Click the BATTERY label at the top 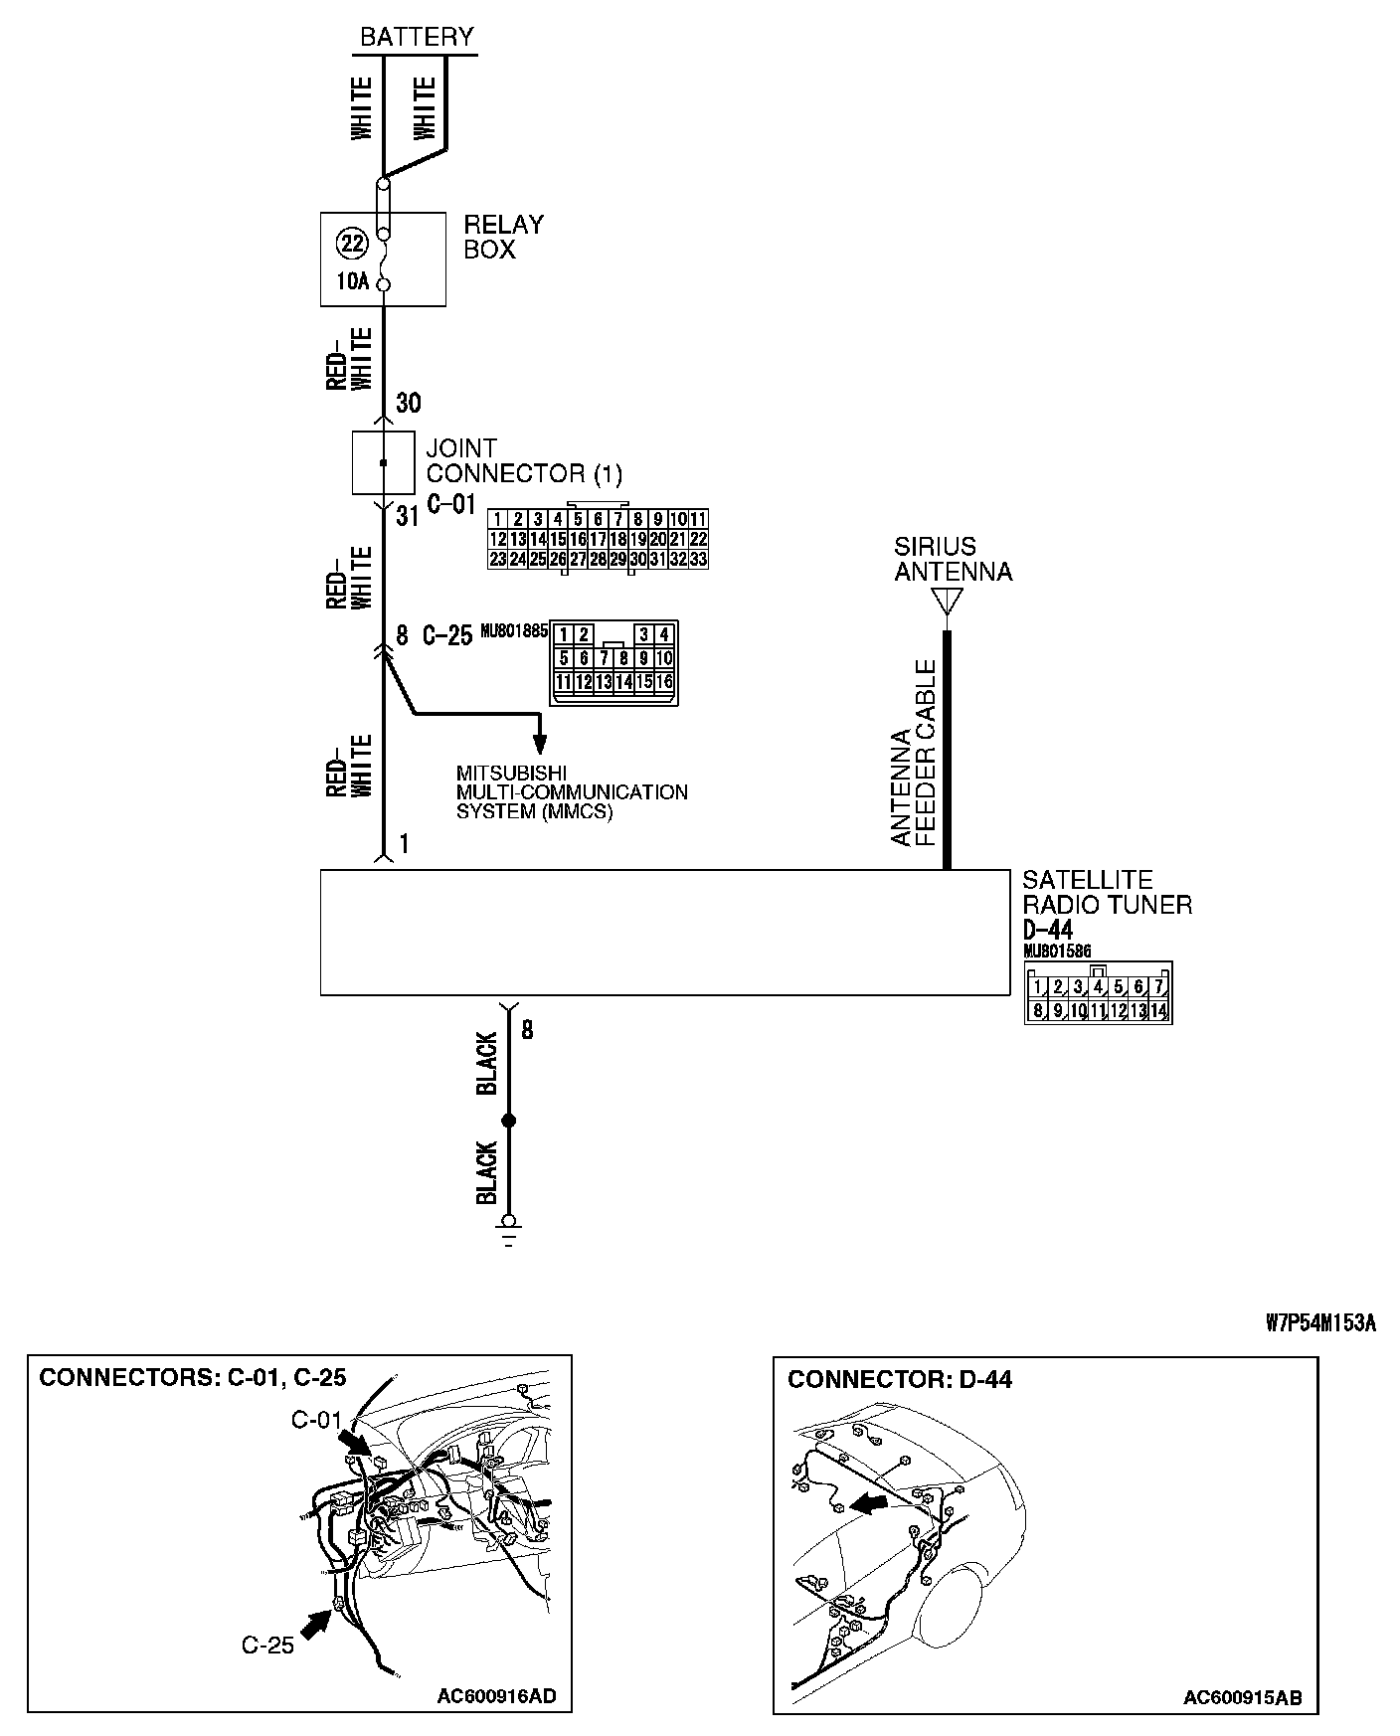click(x=417, y=37)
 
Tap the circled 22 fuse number click(x=351, y=243)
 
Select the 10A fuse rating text click(x=351, y=281)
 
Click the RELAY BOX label click(x=504, y=237)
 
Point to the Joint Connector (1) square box click(x=384, y=462)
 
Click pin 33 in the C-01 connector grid click(x=698, y=559)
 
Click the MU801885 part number click(x=514, y=630)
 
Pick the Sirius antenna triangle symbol click(x=947, y=602)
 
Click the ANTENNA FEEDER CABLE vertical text click(x=914, y=753)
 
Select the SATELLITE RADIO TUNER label click(x=1107, y=892)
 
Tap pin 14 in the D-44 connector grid click(x=1159, y=1011)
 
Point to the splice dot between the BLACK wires click(x=509, y=1121)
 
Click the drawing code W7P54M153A click(x=1320, y=1323)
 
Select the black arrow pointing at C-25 click(x=316, y=1625)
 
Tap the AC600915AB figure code click(x=1242, y=1697)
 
